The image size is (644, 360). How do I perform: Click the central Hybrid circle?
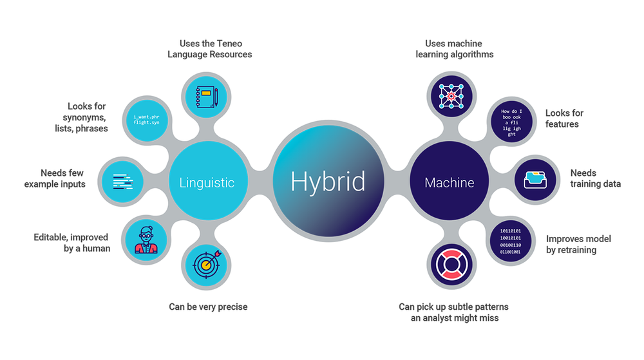pyautogui.click(x=328, y=182)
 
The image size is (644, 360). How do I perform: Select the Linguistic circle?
pyautogui.click(x=207, y=182)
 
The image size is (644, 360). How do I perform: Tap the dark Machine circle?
pyautogui.click(x=449, y=183)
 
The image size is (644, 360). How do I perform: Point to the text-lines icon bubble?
pyautogui.click(x=123, y=181)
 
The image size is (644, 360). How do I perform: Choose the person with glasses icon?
pyautogui.click(x=146, y=240)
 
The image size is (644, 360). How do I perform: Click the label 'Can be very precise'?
pyautogui.click(x=208, y=307)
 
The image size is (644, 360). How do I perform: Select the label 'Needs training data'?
pyautogui.click(x=595, y=178)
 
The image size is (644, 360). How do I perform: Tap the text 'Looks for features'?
pyautogui.click(x=564, y=118)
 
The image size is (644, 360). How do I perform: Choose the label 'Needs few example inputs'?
pyautogui.click(x=55, y=178)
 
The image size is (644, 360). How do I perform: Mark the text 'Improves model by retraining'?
pyautogui.click(x=578, y=244)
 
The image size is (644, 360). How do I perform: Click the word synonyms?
pyautogui.click(x=86, y=117)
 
